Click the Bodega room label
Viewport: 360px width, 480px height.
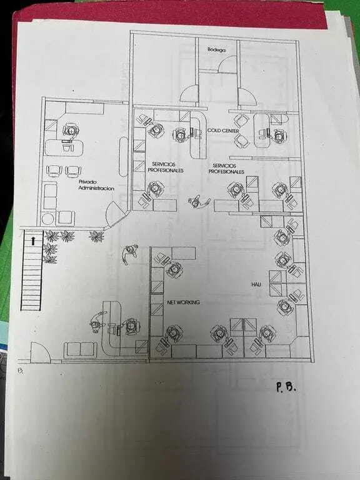coord(217,49)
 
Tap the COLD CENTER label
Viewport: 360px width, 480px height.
coord(223,131)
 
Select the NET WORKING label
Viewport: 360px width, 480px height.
coord(183,302)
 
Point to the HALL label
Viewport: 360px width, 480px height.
coord(256,284)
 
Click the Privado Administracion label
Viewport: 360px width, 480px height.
coord(96,185)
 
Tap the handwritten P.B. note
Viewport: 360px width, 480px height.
coord(286,387)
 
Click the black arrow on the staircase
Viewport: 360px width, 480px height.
coord(33,240)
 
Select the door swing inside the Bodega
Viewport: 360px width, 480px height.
coord(227,64)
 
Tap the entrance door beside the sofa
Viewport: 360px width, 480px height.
coord(40,352)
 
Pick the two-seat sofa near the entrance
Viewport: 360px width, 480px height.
coord(81,350)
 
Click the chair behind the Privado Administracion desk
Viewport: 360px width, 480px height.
coord(71,131)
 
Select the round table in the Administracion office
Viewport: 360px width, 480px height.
coord(47,219)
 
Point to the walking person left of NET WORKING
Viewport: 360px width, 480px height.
coord(129,253)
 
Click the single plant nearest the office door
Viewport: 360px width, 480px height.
coord(96,236)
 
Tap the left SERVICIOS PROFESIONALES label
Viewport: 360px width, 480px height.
coord(166,167)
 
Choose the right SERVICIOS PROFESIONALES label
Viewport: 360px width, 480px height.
coord(226,169)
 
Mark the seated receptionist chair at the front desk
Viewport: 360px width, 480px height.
coord(132,326)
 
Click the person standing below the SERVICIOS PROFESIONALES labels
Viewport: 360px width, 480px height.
coord(199,202)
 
